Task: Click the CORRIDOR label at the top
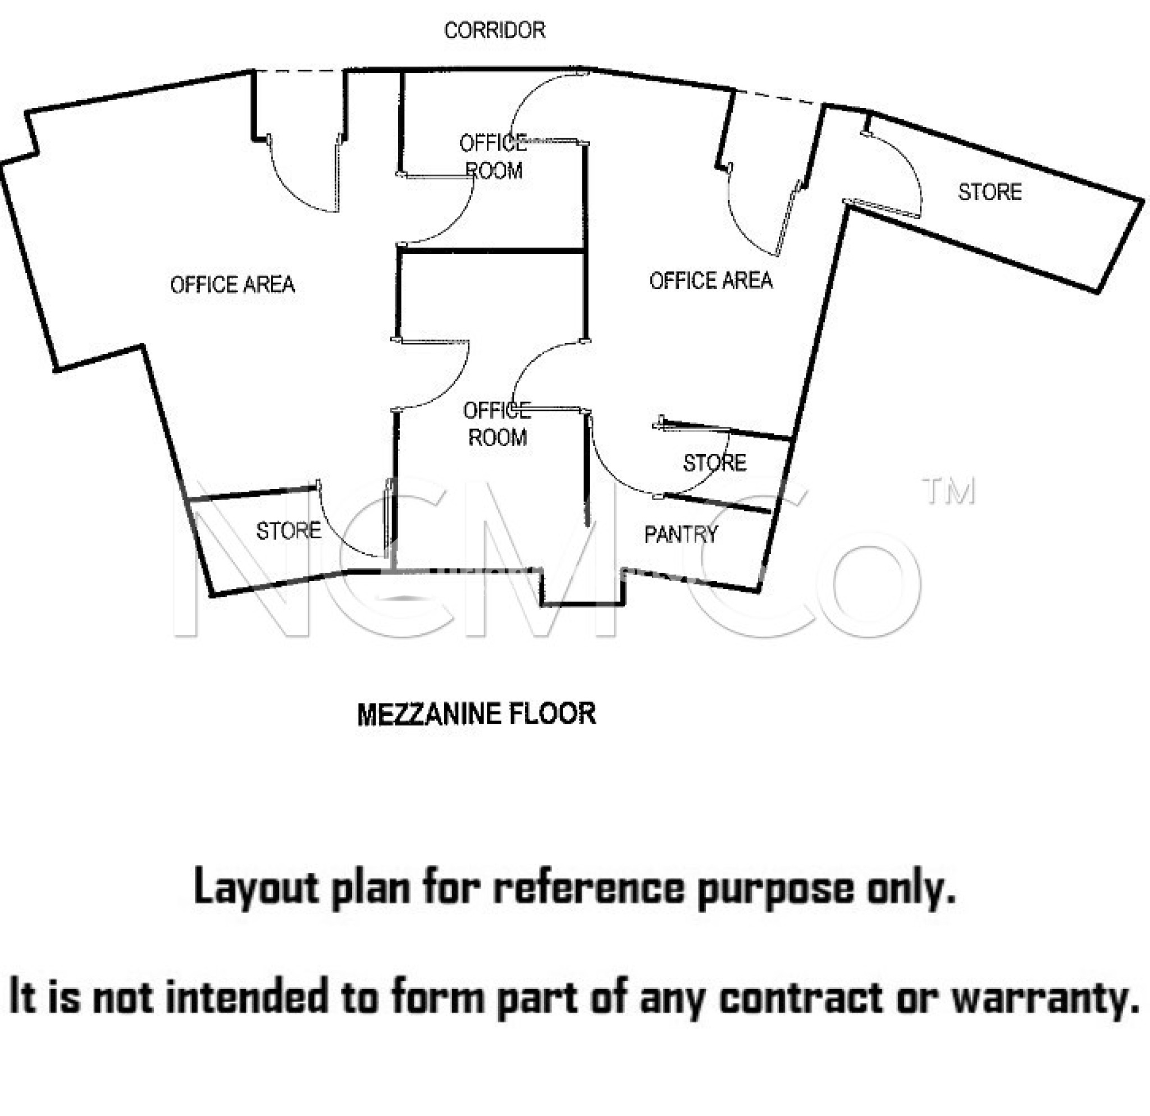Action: pos(495,30)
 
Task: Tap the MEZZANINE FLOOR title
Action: pos(476,714)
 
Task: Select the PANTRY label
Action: pos(681,534)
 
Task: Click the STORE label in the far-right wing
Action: pos(990,192)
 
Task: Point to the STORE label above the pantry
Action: pos(715,462)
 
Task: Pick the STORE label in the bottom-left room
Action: pos(289,530)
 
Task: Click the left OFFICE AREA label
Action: pos(232,285)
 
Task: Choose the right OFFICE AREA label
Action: pos(710,280)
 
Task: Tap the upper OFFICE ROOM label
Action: pos(493,157)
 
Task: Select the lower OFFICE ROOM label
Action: pos(497,424)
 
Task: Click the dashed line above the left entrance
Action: pos(299,71)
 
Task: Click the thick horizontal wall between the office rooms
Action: pos(492,251)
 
